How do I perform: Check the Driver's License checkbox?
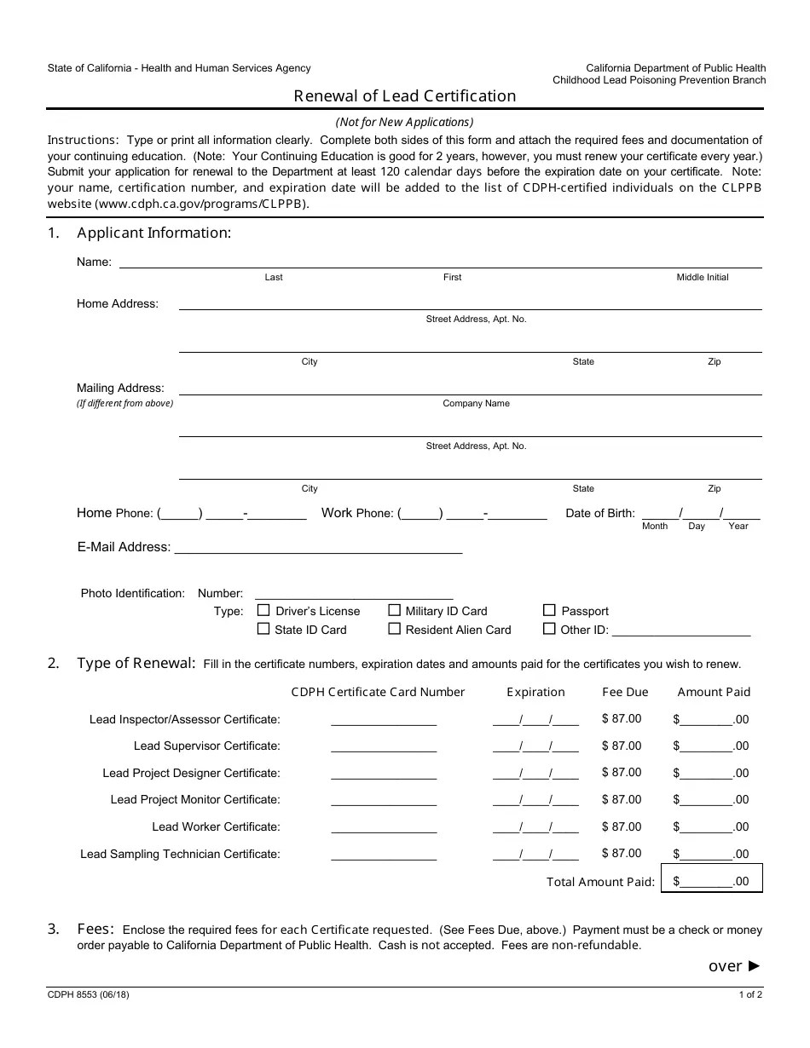click(263, 610)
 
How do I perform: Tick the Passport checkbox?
click(549, 610)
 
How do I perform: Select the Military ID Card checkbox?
click(394, 610)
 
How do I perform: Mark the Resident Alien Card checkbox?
click(394, 629)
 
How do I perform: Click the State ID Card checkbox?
click(263, 629)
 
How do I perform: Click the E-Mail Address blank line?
click(318, 548)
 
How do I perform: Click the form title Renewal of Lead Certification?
click(405, 95)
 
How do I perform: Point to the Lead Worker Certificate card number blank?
click(384, 826)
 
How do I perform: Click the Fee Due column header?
click(625, 692)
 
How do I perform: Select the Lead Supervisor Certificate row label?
click(206, 746)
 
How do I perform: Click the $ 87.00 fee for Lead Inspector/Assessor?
click(622, 719)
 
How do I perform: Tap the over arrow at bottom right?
click(734, 965)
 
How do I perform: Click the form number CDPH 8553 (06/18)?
click(89, 994)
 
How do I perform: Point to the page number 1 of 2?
click(750, 994)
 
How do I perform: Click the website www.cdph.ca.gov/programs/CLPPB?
click(201, 204)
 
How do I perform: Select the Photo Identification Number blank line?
click(354, 594)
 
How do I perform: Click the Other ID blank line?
click(681, 631)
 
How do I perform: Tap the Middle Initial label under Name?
click(703, 277)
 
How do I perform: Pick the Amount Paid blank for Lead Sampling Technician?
click(707, 854)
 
